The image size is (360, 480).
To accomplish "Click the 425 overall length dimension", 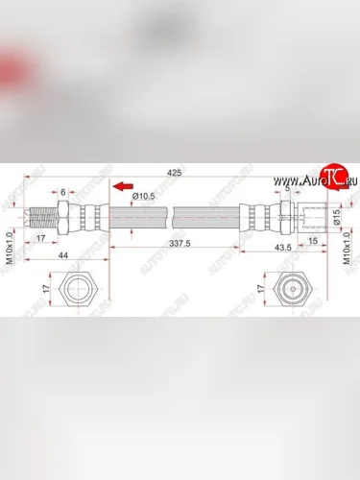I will coord(174,173).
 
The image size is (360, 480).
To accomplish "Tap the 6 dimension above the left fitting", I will coord(64,192).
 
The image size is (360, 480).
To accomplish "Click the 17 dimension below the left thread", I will coord(42,240).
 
